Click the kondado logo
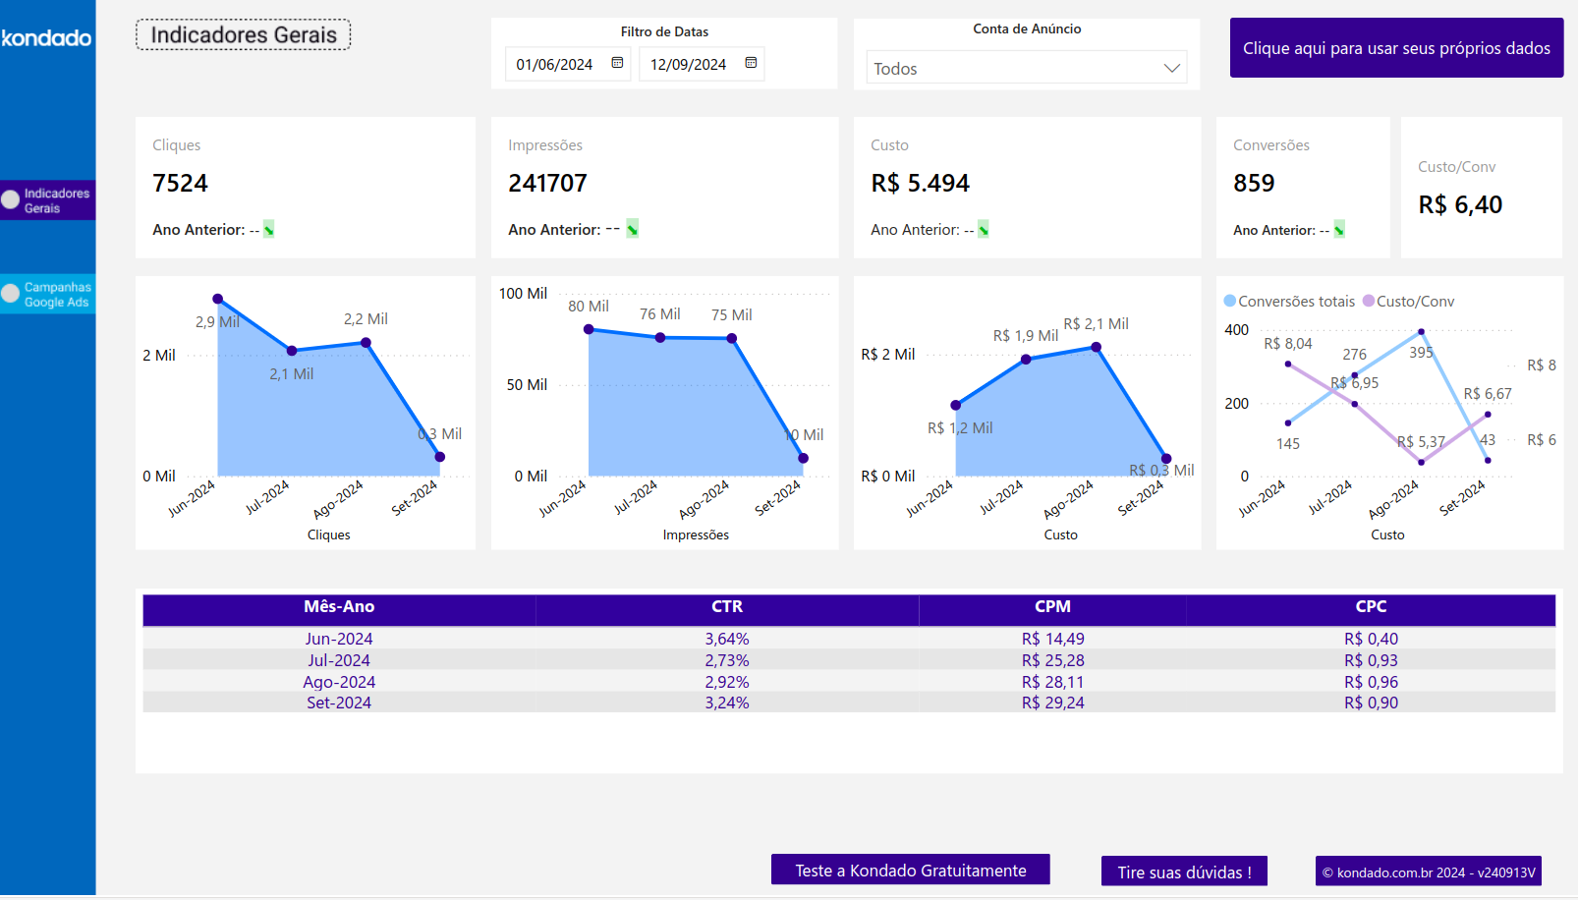46,38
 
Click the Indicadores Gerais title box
243,35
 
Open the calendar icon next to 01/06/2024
617,63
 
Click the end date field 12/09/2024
688,65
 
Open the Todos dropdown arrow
1171,68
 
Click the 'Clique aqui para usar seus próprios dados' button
1395,48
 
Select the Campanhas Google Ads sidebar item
48,295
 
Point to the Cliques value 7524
181,184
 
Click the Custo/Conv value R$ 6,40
1460,205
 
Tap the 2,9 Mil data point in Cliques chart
218,299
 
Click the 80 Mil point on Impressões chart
589,329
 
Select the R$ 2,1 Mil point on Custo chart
1097,347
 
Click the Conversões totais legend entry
1289,302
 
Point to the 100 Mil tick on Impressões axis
523,294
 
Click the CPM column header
1052,607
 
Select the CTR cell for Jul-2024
726,660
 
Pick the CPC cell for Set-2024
1371,703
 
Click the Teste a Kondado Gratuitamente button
910,871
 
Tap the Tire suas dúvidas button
1184,872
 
